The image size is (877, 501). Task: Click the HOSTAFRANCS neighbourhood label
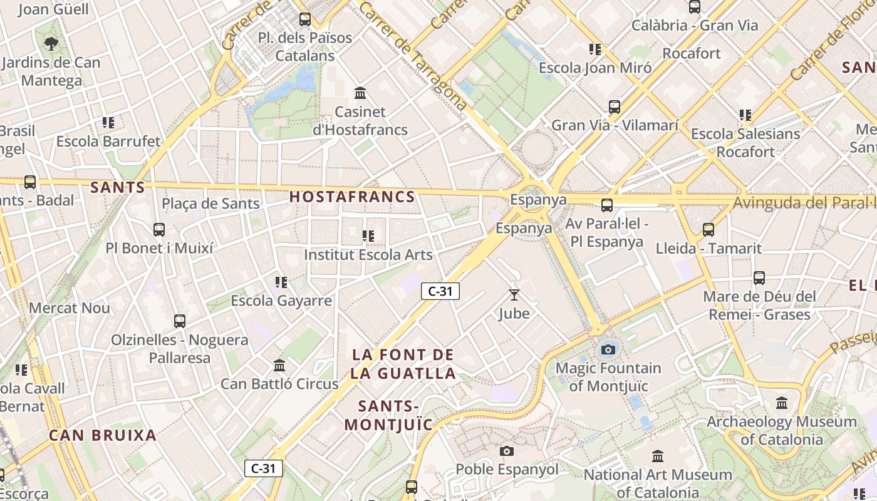352,197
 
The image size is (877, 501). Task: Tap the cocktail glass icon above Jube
514,294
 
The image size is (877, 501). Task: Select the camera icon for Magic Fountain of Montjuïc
608,349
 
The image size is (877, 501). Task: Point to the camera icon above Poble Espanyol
507,451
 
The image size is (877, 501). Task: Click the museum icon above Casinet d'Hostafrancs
360,93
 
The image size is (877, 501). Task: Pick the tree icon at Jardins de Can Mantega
51,44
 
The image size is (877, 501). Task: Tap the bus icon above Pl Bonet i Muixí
159,229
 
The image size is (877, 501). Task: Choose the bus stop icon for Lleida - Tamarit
708,230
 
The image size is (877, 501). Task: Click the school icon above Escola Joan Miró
594,49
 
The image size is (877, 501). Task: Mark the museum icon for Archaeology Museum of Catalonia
781,403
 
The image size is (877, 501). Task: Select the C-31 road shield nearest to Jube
440,291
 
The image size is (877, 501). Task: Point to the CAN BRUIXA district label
103,435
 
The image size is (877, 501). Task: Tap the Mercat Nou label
70,308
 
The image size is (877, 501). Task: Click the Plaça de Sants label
210,204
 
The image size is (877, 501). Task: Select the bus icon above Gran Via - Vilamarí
615,107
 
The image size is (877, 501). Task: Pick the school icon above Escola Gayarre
281,282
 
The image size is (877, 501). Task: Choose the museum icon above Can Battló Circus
279,365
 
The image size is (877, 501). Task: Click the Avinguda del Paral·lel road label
804,203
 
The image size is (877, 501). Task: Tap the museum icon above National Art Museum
658,456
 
